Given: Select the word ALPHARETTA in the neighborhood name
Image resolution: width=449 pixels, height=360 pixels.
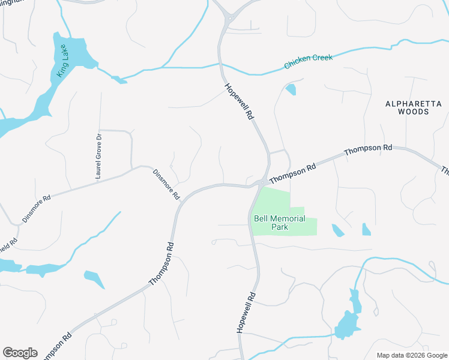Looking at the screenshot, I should point(413,104).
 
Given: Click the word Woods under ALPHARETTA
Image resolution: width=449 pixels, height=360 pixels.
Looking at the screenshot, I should point(413,112).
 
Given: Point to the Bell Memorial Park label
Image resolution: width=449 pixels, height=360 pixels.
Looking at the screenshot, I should point(280,223).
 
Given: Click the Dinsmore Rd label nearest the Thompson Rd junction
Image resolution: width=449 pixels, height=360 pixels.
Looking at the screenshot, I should point(166,184).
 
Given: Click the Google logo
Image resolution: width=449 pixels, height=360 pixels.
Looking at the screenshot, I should point(20,353).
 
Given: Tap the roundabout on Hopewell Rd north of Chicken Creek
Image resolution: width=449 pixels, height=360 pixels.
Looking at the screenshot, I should point(229,19).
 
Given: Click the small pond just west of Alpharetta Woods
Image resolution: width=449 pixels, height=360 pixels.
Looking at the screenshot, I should point(291,90).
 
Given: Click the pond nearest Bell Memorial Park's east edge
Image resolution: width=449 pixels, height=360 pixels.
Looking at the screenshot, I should point(338,230).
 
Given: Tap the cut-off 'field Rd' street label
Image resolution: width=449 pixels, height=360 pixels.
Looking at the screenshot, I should point(8,247).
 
